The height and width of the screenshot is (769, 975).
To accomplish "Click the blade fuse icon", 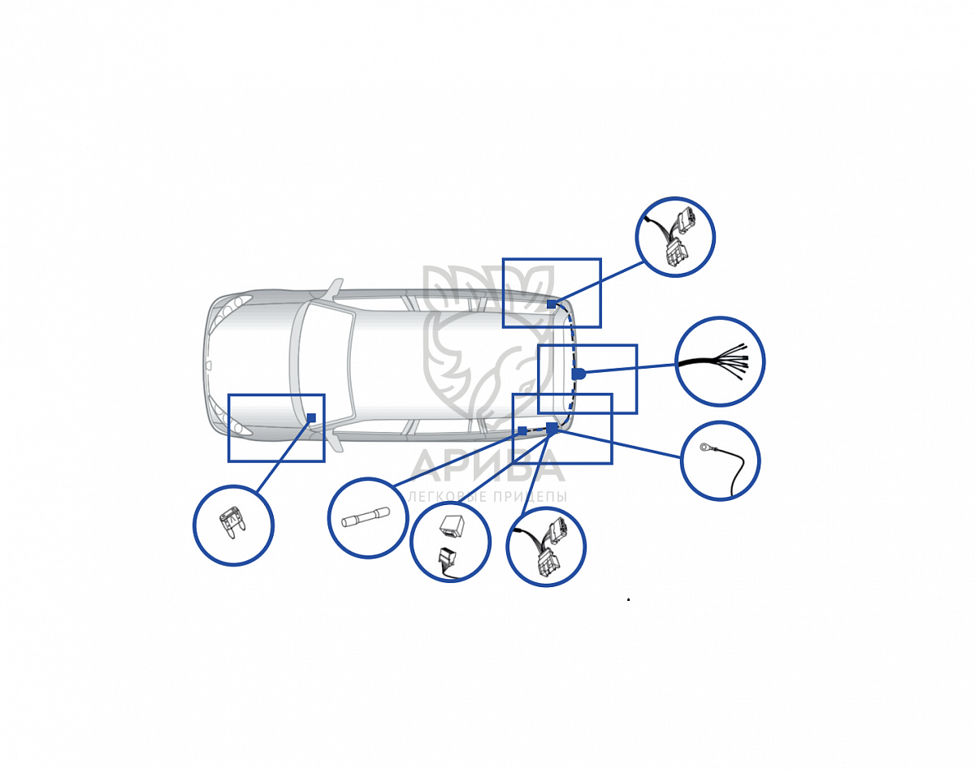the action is [232, 525].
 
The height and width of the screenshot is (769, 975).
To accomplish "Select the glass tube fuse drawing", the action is [365, 516].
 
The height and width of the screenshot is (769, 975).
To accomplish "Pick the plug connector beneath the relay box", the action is [447, 562].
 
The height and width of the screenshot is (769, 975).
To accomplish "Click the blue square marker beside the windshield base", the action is [311, 417].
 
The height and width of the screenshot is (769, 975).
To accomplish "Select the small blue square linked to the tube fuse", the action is [522, 430].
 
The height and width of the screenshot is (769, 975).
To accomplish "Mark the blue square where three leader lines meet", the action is [552, 428].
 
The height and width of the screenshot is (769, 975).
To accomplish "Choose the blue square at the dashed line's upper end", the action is [551, 304].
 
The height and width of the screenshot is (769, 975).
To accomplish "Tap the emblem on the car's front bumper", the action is [209, 365].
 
